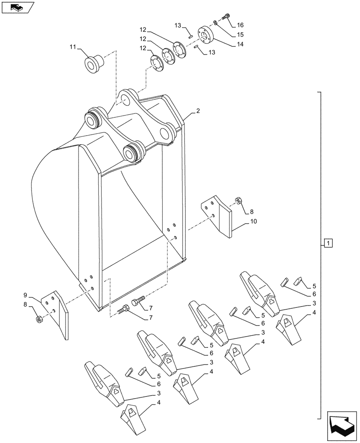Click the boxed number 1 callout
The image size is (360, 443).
[328, 243]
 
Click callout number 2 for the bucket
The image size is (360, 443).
[198, 111]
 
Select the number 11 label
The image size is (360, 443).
[73, 46]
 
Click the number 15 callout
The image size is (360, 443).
[240, 35]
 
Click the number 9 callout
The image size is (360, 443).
[26, 295]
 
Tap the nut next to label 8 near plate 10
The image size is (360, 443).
[238, 201]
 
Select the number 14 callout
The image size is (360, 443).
[240, 44]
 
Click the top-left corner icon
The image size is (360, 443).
[17, 7]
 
